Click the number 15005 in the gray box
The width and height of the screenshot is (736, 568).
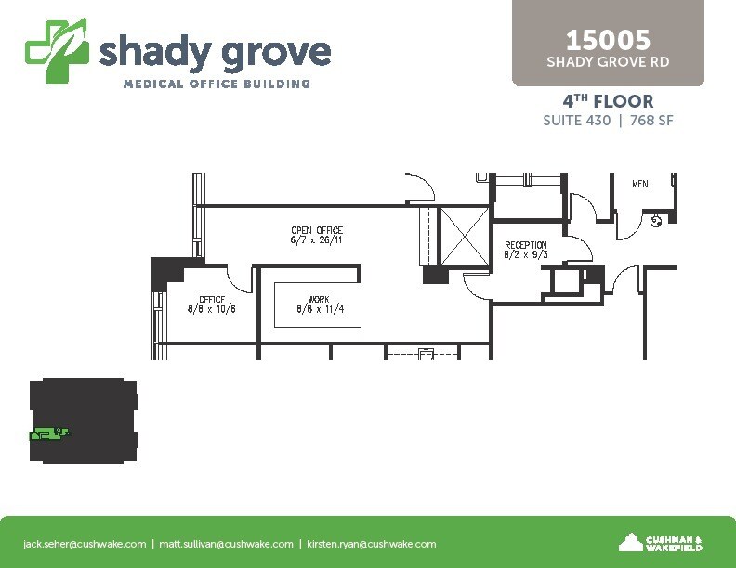pos(608,40)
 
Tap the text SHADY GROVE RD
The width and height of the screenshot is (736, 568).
pos(608,62)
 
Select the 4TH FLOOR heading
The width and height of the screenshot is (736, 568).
pos(608,101)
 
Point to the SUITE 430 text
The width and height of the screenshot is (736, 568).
pos(576,121)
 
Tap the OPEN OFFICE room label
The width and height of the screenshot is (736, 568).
pos(317,230)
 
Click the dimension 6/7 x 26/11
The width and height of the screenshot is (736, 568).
pos(317,240)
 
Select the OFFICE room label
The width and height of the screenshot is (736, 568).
pos(212,299)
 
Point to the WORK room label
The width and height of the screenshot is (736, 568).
pos(319,299)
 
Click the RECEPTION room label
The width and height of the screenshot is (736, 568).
pos(526,245)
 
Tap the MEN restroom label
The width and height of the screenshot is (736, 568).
pos(639,184)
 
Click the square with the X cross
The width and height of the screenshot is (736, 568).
pos(464,236)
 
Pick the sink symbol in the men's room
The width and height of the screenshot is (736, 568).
pos(656,222)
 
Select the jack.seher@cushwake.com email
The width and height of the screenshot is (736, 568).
pos(85,544)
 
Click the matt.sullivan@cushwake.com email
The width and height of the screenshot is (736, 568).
pos(226,544)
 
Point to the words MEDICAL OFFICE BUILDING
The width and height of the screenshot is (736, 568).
pos(217,84)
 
